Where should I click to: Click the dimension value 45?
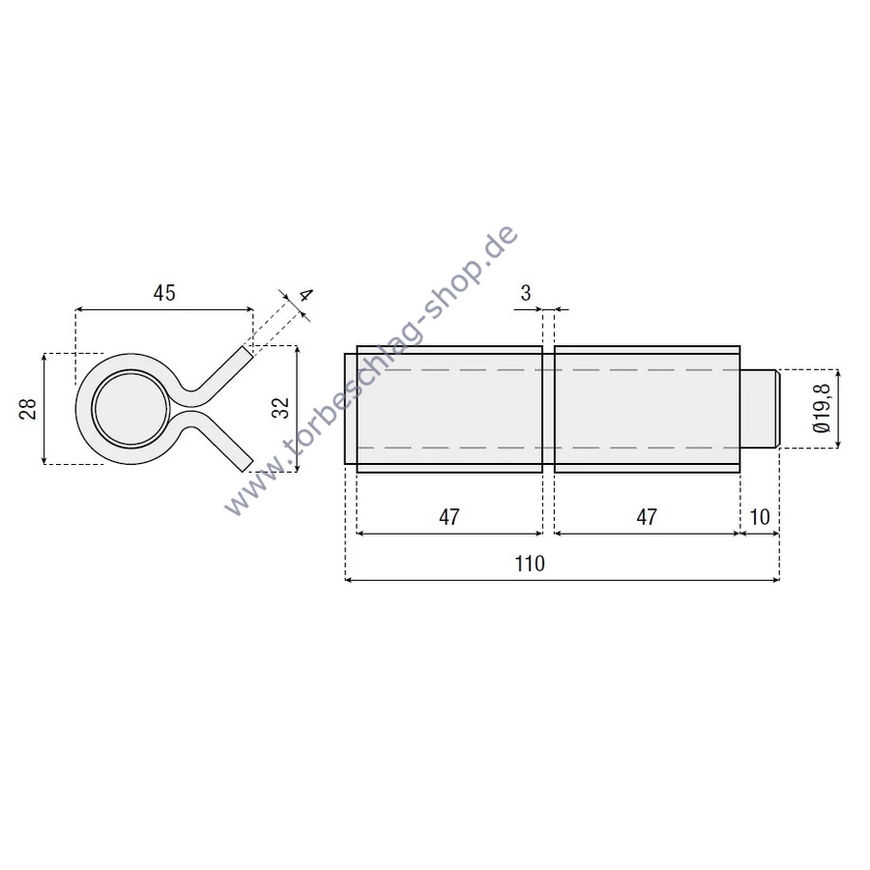(164, 292)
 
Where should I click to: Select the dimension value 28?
(28, 408)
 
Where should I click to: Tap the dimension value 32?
(281, 408)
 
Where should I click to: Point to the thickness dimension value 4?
(305, 295)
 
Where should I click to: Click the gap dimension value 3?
(526, 292)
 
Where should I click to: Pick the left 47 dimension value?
(449, 517)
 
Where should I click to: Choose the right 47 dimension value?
(647, 517)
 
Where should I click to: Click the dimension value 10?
(760, 517)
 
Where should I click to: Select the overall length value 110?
(530, 564)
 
